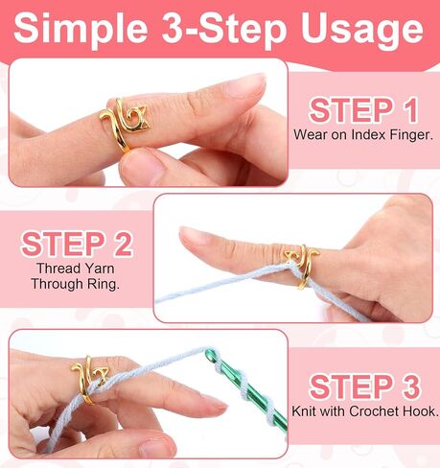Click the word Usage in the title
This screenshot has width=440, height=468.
point(362,30)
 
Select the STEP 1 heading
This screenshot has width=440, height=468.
point(363,110)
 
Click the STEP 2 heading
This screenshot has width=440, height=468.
point(77,244)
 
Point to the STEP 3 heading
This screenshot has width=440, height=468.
point(364,386)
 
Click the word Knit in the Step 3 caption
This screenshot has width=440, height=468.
point(305,410)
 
